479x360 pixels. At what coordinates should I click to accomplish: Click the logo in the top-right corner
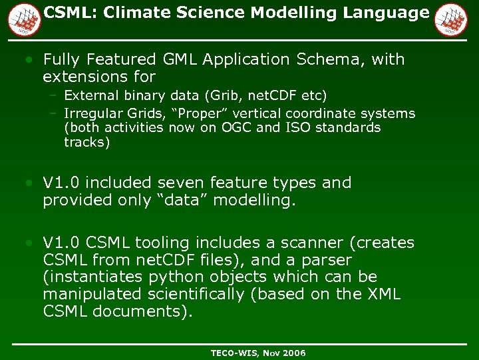(450, 19)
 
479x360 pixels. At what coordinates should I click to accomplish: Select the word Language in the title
(389, 13)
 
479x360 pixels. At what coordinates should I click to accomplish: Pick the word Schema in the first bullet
(325, 60)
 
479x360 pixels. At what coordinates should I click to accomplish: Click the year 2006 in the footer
(293, 352)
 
